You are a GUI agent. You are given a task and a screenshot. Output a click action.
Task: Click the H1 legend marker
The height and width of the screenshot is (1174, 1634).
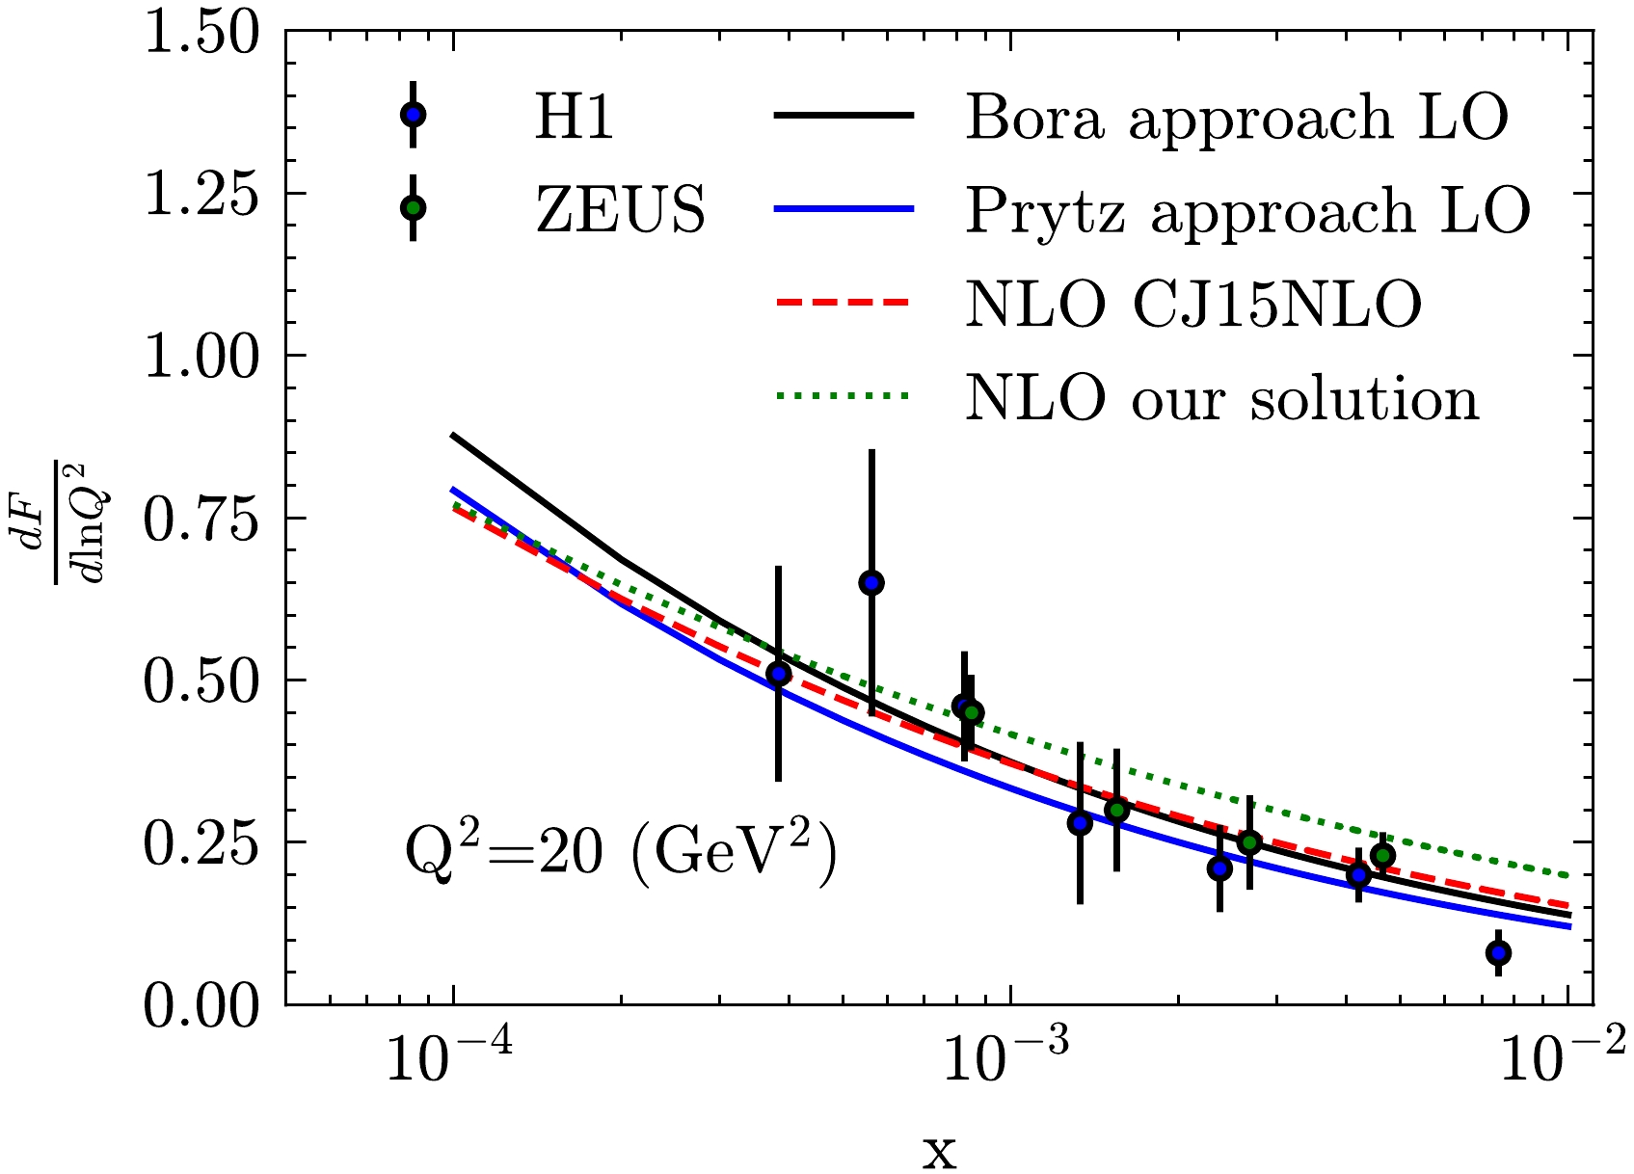click(x=414, y=115)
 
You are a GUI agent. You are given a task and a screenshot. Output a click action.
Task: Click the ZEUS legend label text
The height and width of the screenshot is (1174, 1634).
click(x=621, y=209)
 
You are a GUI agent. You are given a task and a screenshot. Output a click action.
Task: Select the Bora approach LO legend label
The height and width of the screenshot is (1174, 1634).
click(x=1237, y=119)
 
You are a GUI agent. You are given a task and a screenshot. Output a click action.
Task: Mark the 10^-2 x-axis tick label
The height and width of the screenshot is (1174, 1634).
click(x=1562, y=1059)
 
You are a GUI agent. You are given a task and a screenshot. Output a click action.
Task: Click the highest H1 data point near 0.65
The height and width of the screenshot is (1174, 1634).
click(x=871, y=582)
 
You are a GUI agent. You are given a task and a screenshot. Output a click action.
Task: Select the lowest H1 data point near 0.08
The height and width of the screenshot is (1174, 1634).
click(x=1498, y=953)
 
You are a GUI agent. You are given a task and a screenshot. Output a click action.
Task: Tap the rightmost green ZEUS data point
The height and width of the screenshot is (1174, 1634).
click(x=1383, y=855)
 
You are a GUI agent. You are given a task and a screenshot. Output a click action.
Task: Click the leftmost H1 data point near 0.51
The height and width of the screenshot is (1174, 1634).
click(x=779, y=674)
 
